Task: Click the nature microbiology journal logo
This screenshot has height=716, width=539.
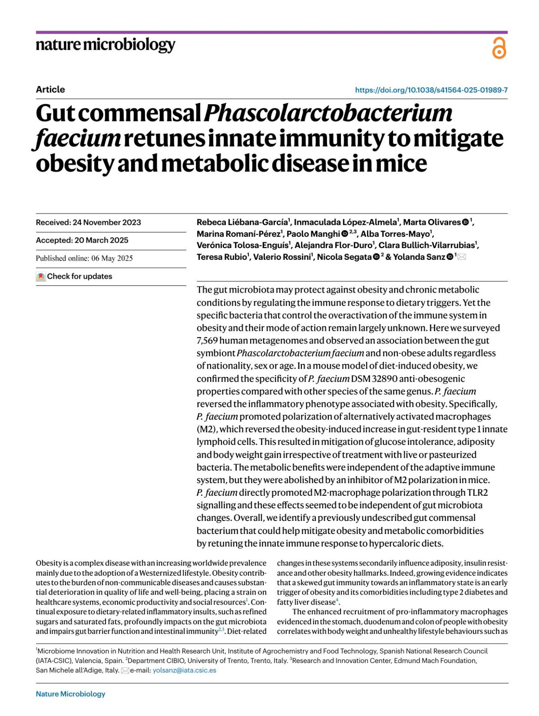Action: click(x=105, y=45)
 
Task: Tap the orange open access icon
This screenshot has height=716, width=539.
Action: click(x=499, y=48)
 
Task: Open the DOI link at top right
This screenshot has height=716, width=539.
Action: click(x=431, y=90)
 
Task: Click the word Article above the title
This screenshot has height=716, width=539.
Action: click(x=50, y=89)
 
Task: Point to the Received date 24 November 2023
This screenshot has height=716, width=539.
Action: click(x=88, y=222)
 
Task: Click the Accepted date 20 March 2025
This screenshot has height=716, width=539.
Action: click(x=82, y=240)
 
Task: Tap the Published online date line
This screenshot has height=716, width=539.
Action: click(x=84, y=258)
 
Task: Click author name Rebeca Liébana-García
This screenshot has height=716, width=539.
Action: click(x=242, y=222)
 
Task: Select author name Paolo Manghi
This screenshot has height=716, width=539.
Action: click(x=313, y=234)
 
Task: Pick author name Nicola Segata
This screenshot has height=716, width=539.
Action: click(x=344, y=257)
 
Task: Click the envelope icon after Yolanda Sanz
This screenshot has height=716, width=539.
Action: click(x=462, y=257)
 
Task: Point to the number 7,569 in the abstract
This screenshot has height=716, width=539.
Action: click(x=207, y=341)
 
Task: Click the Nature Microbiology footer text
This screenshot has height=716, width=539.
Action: click(x=71, y=694)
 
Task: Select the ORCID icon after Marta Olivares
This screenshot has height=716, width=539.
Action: click(x=465, y=222)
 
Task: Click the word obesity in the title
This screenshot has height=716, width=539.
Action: click(x=75, y=164)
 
